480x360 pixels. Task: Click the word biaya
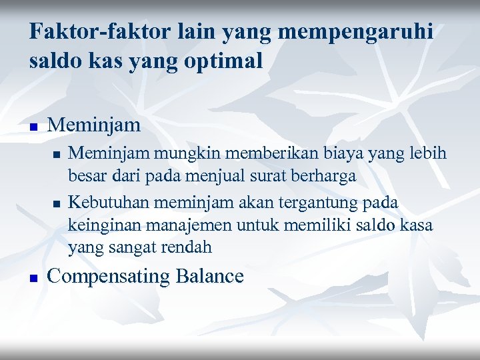click(319, 154)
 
